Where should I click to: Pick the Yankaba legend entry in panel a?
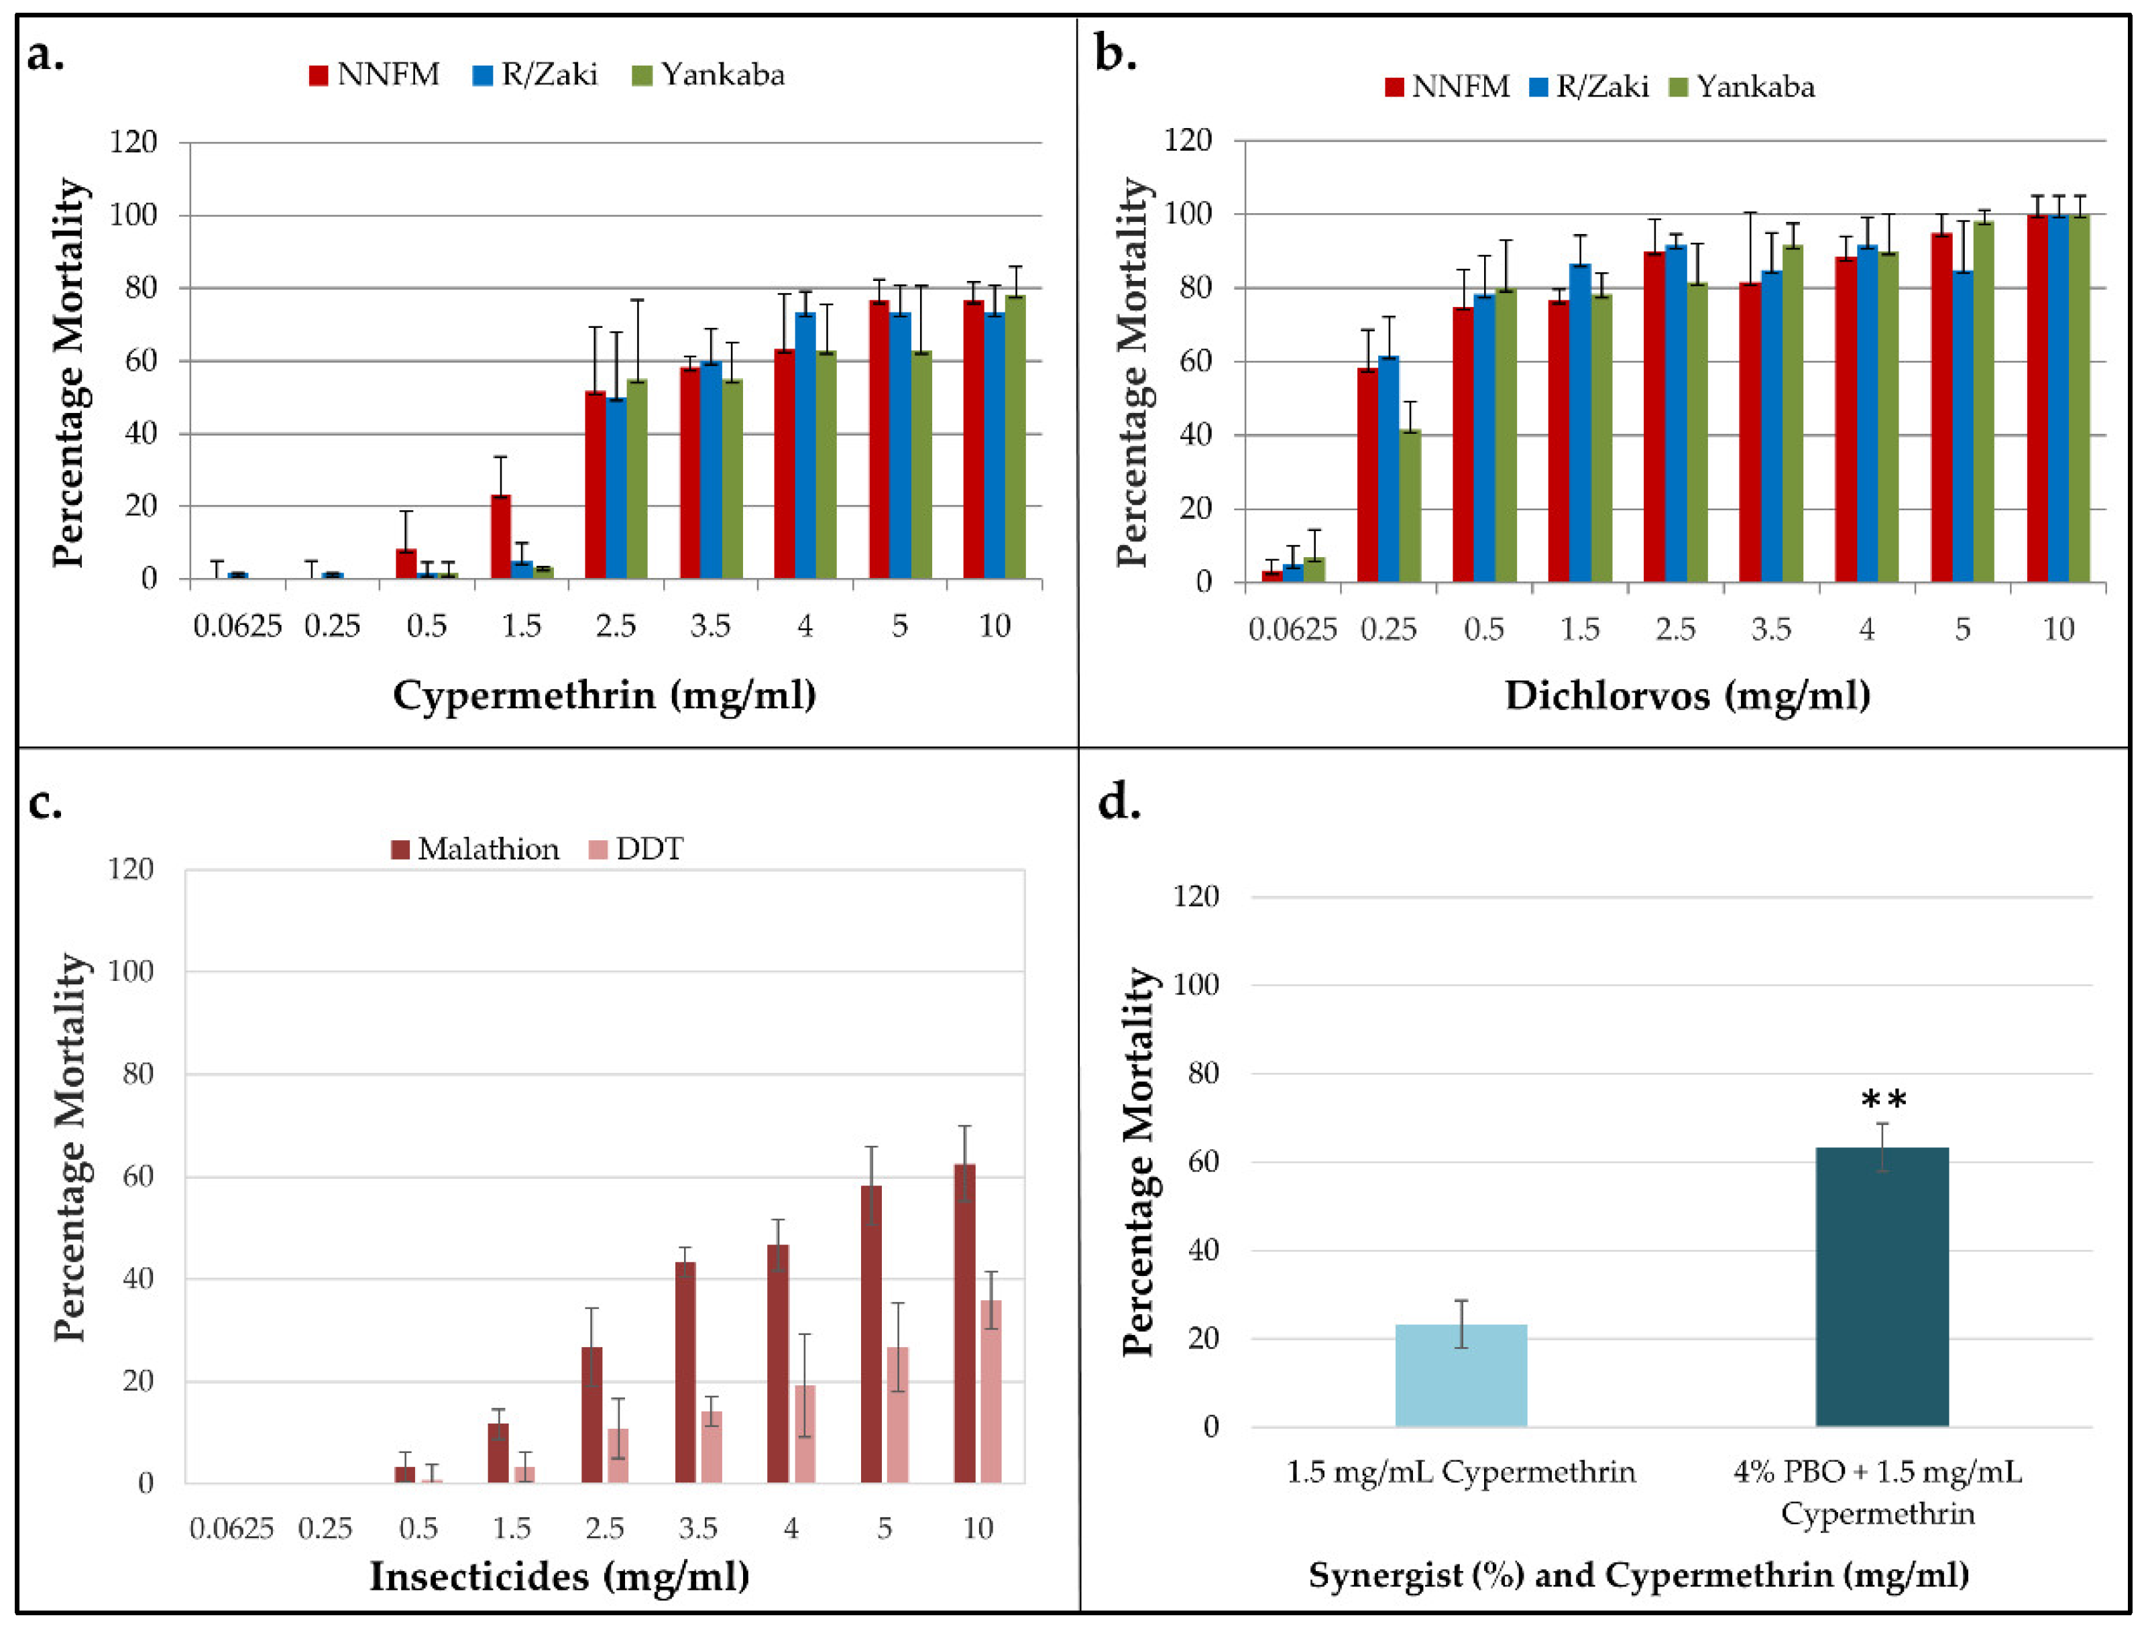(708, 74)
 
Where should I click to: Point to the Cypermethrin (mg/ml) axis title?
(604, 695)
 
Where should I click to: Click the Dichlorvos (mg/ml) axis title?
(1687, 695)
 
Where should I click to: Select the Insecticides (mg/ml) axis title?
(559, 1576)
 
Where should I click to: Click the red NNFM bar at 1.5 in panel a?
(501, 537)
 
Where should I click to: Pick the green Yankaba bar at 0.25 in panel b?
(1410, 505)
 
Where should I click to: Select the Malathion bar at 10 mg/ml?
(964, 1323)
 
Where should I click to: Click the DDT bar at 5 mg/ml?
(898, 1415)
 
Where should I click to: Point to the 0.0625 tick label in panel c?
(231, 1529)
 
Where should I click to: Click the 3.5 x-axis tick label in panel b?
(1771, 629)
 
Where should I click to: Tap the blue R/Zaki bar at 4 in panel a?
(805, 446)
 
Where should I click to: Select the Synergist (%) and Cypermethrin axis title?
(1638, 1574)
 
